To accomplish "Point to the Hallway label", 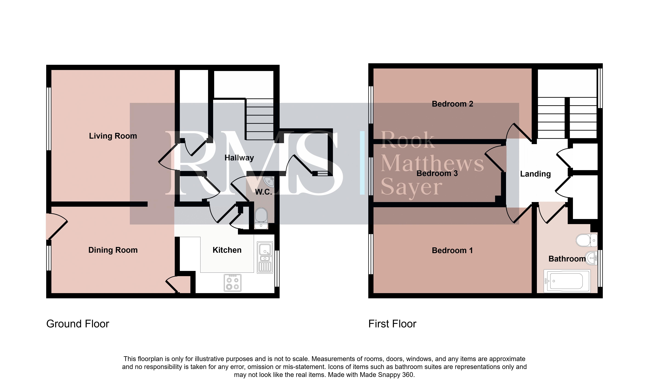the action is tap(239, 158).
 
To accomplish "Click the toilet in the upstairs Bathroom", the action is tap(587, 240).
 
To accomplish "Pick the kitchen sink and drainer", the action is tap(265, 257).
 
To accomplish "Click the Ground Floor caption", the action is tap(78, 324).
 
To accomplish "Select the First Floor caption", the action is tap(392, 324).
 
